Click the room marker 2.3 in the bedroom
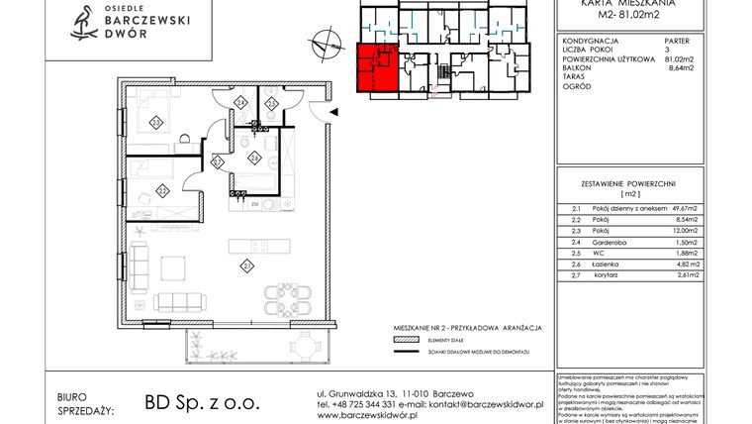click(156, 122)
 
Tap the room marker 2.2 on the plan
click(160, 189)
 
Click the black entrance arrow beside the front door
click(333, 112)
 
